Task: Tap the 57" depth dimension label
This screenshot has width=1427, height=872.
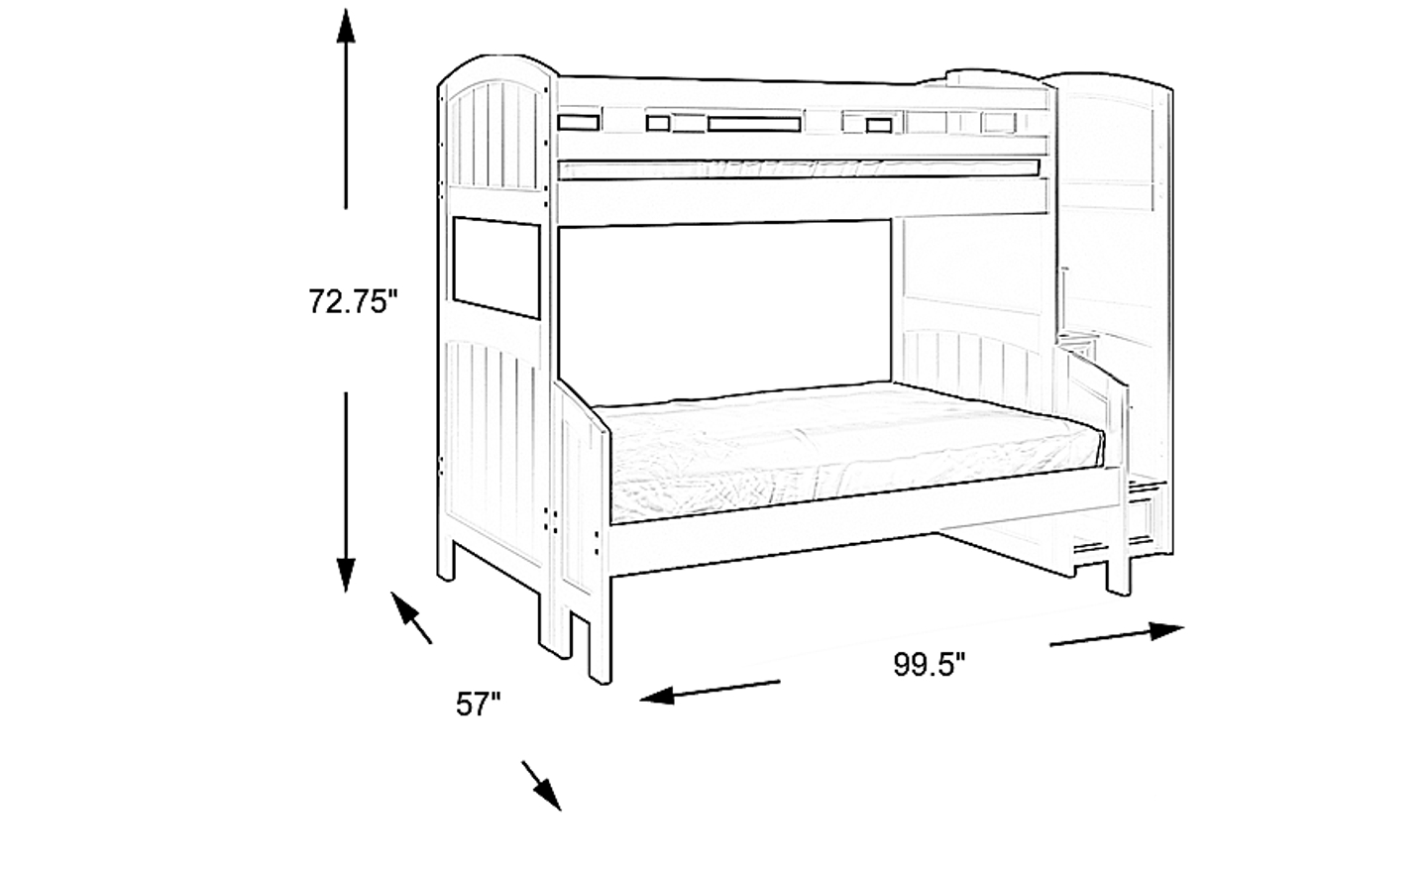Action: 478,706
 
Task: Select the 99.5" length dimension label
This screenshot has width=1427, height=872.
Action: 929,665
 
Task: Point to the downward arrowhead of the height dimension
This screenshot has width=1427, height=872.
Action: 346,575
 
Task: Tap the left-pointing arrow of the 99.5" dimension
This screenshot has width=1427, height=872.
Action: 710,692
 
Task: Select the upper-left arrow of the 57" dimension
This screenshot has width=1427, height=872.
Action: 411,617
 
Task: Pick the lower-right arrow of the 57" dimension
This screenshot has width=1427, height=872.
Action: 541,786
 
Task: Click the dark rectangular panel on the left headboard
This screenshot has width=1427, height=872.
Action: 496,267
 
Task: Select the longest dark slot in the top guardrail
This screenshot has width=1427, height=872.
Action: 754,124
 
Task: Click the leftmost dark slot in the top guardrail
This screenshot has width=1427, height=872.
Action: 579,122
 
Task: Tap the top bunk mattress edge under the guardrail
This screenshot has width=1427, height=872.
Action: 799,168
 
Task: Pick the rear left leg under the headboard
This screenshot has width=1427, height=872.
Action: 447,561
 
